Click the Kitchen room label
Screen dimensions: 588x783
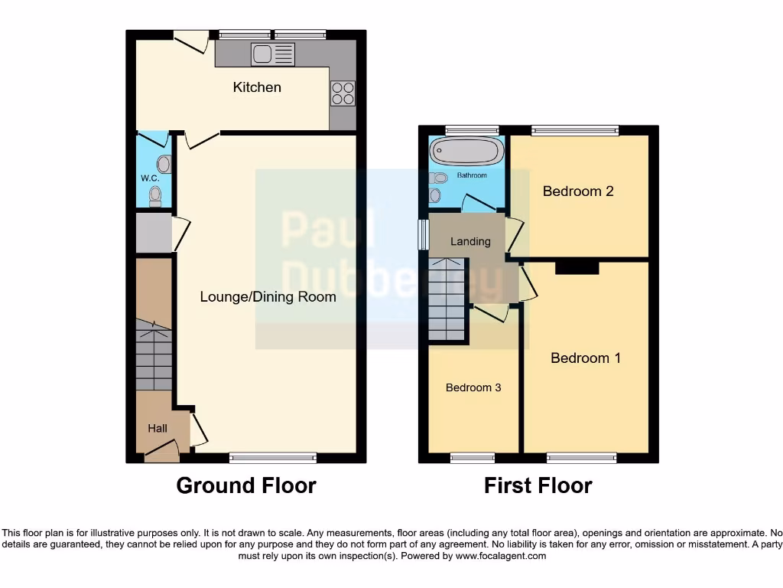pos(257,87)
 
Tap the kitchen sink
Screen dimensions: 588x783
pos(273,54)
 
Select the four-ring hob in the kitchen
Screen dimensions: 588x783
pos(343,93)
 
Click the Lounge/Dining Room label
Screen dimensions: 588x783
pos(268,297)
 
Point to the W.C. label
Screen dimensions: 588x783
pos(149,178)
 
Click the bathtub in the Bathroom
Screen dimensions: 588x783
pos(466,151)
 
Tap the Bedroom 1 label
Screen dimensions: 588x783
pos(586,358)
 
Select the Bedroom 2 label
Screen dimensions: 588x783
pos(578,191)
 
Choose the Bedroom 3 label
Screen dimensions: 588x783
pos(473,387)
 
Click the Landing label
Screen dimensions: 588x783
pos(470,241)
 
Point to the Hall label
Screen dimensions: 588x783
pos(158,428)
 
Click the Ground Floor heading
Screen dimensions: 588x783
pos(246,485)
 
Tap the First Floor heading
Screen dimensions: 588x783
pos(538,485)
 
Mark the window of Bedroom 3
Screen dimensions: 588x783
pos(472,458)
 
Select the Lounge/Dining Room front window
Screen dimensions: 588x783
pos(273,458)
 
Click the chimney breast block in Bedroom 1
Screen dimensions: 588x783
pos(577,266)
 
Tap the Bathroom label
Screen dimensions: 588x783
pos(472,175)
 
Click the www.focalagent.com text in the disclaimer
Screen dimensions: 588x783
pos(501,556)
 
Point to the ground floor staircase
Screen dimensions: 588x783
pos(154,356)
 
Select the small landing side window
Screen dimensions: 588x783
pos(422,235)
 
